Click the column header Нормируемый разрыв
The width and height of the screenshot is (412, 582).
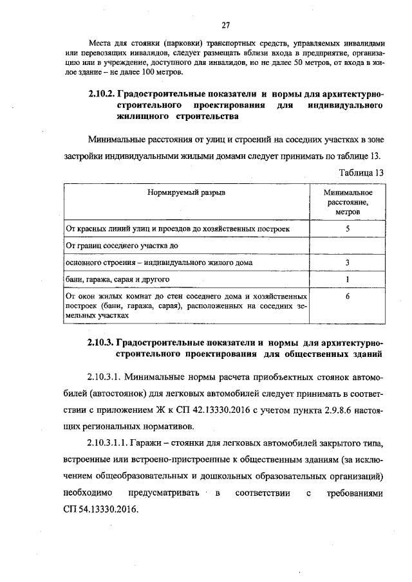coord(187,192)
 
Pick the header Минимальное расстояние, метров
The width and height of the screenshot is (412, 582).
coord(348,201)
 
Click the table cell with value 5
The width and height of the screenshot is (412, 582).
coord(348,228)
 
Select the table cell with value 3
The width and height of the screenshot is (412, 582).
coord(348,262)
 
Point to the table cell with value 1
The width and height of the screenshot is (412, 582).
coord(348,279)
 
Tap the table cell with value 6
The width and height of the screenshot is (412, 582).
coord(348,296)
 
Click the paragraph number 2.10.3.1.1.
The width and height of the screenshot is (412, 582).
coord(107,443)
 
